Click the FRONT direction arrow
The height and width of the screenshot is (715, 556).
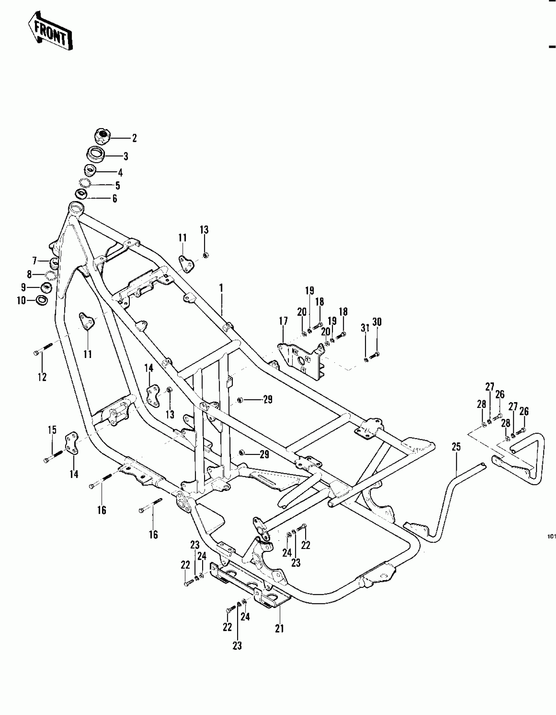tap(50, 31)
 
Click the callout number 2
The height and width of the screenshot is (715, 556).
tap(134, 138)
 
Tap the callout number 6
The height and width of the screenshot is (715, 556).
tap(114, 199)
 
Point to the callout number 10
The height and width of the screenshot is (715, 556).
tap(21, 300)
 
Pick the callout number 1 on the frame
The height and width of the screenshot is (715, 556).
tap(221, 288)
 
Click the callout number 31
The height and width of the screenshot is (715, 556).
tap(365, 328)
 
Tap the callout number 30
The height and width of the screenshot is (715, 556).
tap(377, 322)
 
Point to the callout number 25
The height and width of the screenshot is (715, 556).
tap(456, 447)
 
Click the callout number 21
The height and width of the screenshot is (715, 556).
tap(279, 629)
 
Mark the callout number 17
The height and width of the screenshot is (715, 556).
tap(283, 321)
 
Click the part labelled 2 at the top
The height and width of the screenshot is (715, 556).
tap(102, 136)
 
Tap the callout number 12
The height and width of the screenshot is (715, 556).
tap(42, 377)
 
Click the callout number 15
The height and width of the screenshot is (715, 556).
tap(52, 430)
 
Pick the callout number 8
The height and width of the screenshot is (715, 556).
tap(29, 274)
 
